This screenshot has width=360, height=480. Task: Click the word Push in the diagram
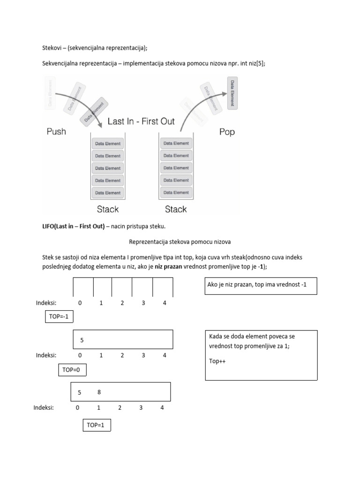point(56,132)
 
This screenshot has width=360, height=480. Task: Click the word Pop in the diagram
point(227,132)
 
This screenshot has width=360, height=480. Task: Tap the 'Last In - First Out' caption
point(141,121)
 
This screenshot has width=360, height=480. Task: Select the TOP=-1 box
point(59,317)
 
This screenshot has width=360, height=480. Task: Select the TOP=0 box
point(72,370)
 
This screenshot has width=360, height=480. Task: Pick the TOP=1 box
point(96,425)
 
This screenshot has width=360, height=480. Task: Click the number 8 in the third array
point(99,392)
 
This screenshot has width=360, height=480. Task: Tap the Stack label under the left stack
point(108,209)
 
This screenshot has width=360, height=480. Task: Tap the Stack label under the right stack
point(176,209)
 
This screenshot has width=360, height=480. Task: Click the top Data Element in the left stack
point(108,143)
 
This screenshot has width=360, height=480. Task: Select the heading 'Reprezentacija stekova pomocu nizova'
point(180,242)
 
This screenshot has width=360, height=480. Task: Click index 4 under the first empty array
point(165,303)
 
